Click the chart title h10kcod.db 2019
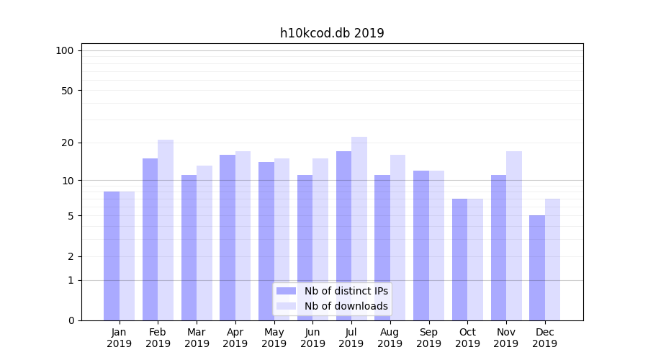pos(332,33)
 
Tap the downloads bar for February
pos(166,230)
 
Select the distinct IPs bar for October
pos(460,259)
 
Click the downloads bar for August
pos(398,238)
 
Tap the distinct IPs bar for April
pos(228,238)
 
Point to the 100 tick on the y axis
pos(65,50)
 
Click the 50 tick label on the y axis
pos(67,91)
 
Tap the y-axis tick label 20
pos(67,143)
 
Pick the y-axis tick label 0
pos(71,320)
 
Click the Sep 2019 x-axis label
pos(428,338)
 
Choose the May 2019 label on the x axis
pos(274,338)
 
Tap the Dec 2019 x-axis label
pos(545,338)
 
